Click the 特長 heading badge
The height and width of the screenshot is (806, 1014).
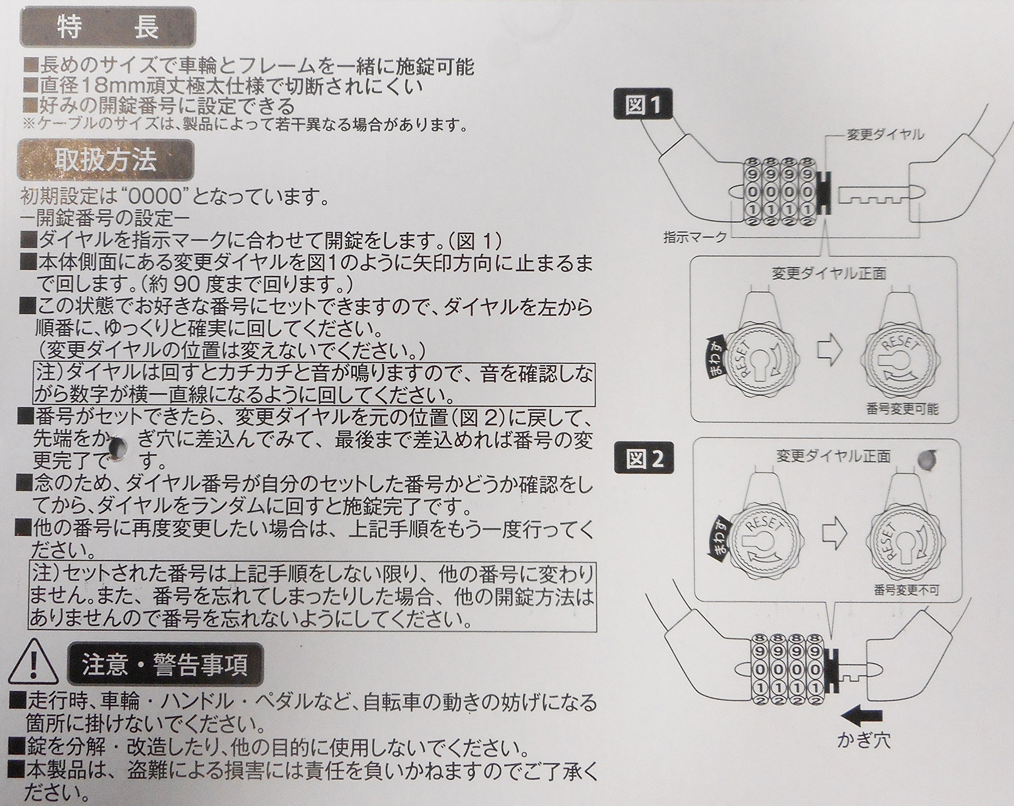[x=107, y=27]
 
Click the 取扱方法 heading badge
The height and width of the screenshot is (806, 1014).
[x=105, y=160]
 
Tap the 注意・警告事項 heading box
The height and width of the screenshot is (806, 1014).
[x=165, y=664]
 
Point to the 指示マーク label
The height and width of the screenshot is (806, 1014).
[x=695, y=237]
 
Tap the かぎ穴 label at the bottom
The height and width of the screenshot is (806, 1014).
[x=863, y=741]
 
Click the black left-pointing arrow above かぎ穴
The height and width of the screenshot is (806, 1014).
[x=861, y=716]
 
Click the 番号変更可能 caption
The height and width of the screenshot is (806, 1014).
[x=902, y=409]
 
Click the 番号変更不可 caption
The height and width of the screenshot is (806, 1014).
[x=906, y=590]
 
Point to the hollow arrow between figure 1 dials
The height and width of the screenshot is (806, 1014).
[x=830, y=350]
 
